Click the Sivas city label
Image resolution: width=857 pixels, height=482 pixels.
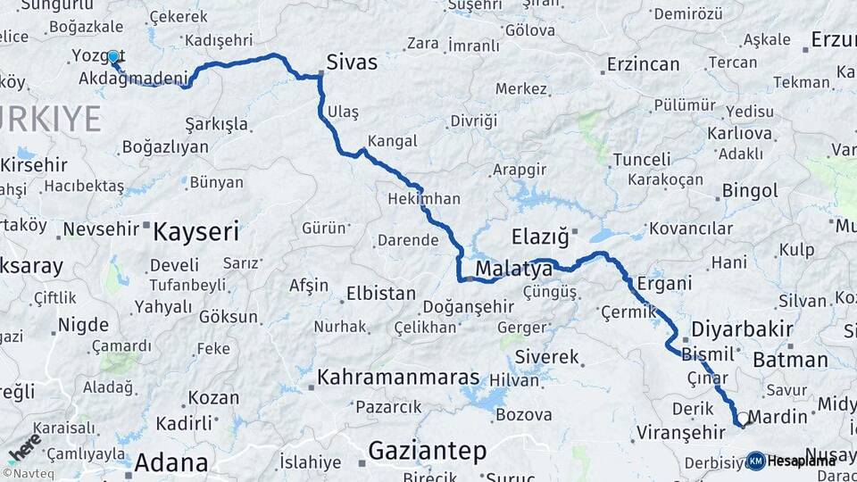click(x=352, y=62)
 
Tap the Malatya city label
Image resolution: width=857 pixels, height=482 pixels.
click(x=513, y=268)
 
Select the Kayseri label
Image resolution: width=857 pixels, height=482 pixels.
click(x=196, y=232)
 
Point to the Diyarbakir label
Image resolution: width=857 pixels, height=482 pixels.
click(x=742, y=328)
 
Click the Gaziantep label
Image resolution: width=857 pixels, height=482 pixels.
click(x=427, y=449)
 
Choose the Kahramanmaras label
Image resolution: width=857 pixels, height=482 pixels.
click(x=397, y=377)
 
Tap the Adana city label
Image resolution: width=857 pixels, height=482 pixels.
click(x=171, y=463)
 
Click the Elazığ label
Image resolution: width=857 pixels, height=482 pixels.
click(x=539, y=237)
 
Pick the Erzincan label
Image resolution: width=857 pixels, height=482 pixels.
click(x=643, y=64)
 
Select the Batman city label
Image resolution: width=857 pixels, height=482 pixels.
click(x=790, y=360)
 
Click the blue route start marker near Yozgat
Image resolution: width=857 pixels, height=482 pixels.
click(x=113, y=57)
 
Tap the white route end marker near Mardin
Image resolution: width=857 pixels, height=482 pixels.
click(x=741, y=419)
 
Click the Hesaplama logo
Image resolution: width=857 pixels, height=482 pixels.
click(x=794, y=461)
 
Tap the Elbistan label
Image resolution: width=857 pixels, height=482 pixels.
click(x=381, y=293)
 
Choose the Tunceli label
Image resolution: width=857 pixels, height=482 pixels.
click(x=642, y=160)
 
